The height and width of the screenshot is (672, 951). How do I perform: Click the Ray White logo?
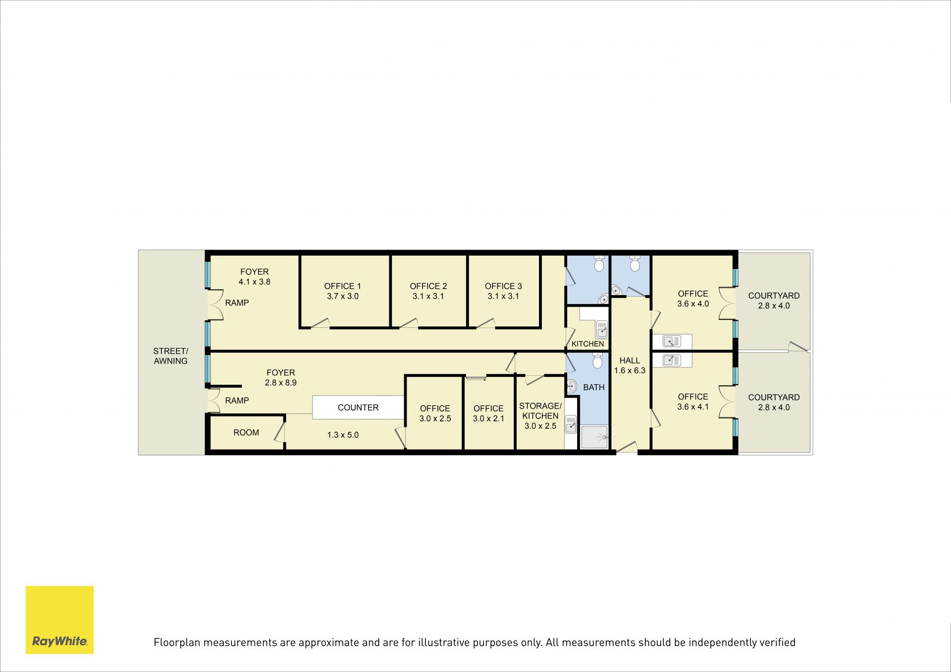[x=59, y=620]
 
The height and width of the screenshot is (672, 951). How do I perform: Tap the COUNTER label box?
[x=358, y=408]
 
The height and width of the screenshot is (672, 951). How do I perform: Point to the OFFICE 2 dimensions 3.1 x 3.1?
[x=428, y=296]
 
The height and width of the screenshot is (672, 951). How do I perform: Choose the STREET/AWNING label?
[x=170, y=356]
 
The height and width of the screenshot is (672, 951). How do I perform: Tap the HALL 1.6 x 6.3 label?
[x=630, y=365]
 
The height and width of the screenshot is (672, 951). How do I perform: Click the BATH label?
[x=594, y=387]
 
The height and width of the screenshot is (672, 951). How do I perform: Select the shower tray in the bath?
[x=594, y=437]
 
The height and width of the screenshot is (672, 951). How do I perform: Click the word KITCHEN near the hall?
[x=588, y=344]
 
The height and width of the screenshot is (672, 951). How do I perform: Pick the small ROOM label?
[x=246, y=433]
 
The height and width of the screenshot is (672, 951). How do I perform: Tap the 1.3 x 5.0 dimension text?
[x=343, y=435]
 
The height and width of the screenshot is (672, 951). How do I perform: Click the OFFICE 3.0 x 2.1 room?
[x=488, y=413]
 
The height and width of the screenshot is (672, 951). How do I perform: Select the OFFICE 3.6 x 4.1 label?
[x=693, y=402]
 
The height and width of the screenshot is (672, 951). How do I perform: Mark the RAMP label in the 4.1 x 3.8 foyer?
[x=237, y=303]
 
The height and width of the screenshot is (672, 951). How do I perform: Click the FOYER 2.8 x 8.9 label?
[x=281, y=377]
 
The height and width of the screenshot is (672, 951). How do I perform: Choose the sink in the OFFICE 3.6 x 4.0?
[x=672, y=341]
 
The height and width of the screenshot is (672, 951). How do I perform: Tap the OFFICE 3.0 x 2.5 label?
[x=435, y=413]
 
